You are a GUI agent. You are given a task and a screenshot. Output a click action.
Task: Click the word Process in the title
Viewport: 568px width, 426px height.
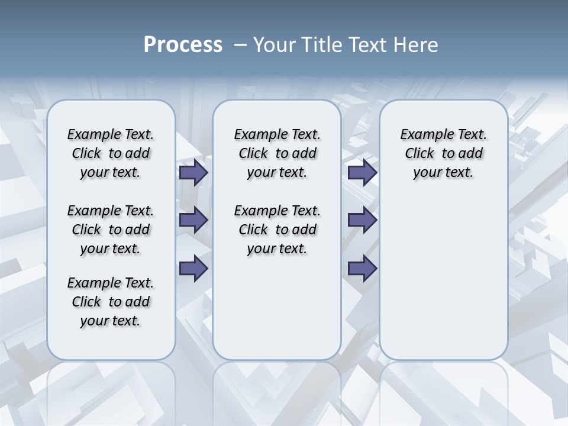click(183, 45)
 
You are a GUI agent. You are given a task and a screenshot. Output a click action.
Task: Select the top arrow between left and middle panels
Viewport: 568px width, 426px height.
click(193, 172)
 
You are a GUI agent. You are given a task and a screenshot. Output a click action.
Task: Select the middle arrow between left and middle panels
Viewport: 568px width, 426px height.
click(193, 220)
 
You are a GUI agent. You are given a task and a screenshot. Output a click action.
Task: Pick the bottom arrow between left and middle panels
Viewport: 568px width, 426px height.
click(193, 269)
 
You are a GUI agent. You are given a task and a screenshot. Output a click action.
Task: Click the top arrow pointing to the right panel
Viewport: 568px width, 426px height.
click(362, 172)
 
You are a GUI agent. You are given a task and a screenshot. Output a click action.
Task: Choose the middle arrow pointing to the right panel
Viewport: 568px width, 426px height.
click(362, 220)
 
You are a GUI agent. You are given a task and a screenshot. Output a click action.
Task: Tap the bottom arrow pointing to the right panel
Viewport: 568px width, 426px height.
click(362, 269)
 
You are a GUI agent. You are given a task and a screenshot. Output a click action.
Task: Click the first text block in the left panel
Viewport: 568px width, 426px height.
click(111, 153)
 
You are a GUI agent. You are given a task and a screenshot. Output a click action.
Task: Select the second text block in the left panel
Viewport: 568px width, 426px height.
click(111, 230)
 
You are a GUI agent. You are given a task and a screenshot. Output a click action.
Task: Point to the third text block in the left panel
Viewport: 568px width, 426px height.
click(111, 302)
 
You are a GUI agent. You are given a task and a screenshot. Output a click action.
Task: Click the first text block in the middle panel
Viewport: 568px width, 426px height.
click(277, 153)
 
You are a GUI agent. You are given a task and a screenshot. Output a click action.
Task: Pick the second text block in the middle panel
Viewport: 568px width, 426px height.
click(277, 230)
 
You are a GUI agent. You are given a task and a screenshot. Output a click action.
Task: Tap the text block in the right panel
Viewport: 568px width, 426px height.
click(443, 153)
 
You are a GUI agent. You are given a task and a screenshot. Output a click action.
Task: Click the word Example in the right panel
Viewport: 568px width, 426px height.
click(422, 134)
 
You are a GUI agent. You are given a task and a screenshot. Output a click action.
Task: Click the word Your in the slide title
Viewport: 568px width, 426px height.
click(273, 45)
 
